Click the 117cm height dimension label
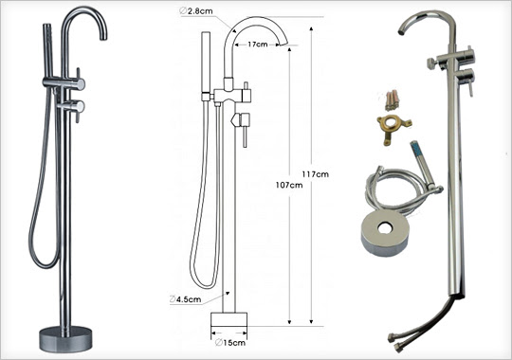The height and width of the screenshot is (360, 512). coord(315,174)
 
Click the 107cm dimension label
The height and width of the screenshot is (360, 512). coord(289,185)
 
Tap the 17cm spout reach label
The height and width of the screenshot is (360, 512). coord(257,45)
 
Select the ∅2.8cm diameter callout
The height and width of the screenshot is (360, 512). coord(196,11)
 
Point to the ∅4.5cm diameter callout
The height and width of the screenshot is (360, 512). coord(186,299)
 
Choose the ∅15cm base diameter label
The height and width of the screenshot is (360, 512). coord(230,342)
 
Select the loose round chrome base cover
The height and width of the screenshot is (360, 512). coord(385,233)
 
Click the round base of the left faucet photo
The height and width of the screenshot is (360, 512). coord(65,339)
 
